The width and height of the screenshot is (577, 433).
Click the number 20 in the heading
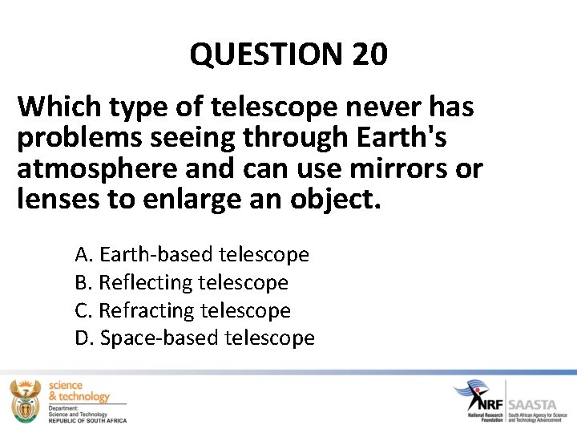[x=369, y=55]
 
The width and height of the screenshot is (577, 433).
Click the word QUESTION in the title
[x=266, y=55]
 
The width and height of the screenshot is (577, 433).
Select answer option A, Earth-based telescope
[x=192, y=255]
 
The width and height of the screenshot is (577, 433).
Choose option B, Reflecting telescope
[x=181, y=282]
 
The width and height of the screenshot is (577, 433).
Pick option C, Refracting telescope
[x=182, y=310]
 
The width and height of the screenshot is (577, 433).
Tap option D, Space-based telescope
[x=195, y=338]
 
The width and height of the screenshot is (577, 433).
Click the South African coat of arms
[x=25, y=400]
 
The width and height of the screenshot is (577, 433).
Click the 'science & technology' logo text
[x=79, y=391]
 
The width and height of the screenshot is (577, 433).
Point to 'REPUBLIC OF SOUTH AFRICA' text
[x=87, y=419]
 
